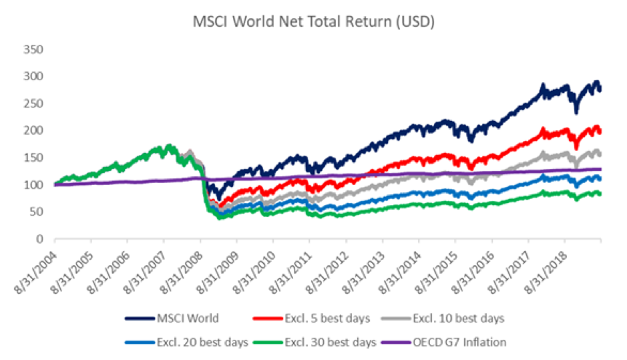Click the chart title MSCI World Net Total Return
[314, 21]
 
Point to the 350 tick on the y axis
[33, 49]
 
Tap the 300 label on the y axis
[33, 76]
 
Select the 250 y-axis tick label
[33, 104]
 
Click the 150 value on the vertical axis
[33, 158]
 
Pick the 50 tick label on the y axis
[36, 212]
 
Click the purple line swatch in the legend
[393, 343]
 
